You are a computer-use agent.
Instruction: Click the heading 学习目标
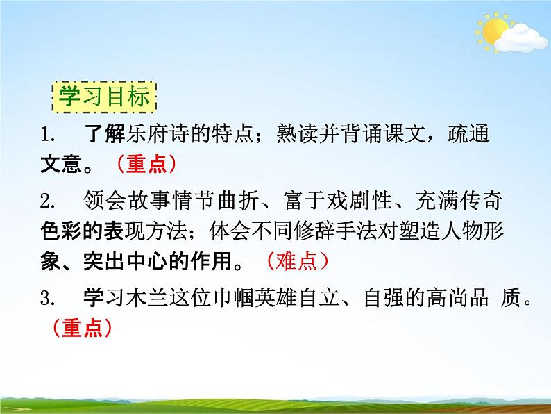tap(104, 97)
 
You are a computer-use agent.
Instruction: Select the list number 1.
tap(46, 133)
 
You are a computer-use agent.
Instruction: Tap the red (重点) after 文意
tap(146, 164)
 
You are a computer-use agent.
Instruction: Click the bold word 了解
tap(103, 133)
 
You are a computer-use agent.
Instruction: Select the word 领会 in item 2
tap(103, 201)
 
